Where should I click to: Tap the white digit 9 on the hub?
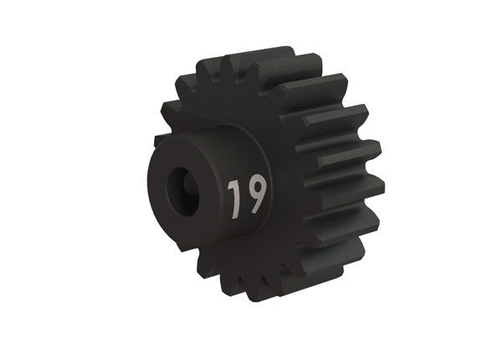[x=255, y=193]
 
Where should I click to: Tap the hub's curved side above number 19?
[x=234, y=151]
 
